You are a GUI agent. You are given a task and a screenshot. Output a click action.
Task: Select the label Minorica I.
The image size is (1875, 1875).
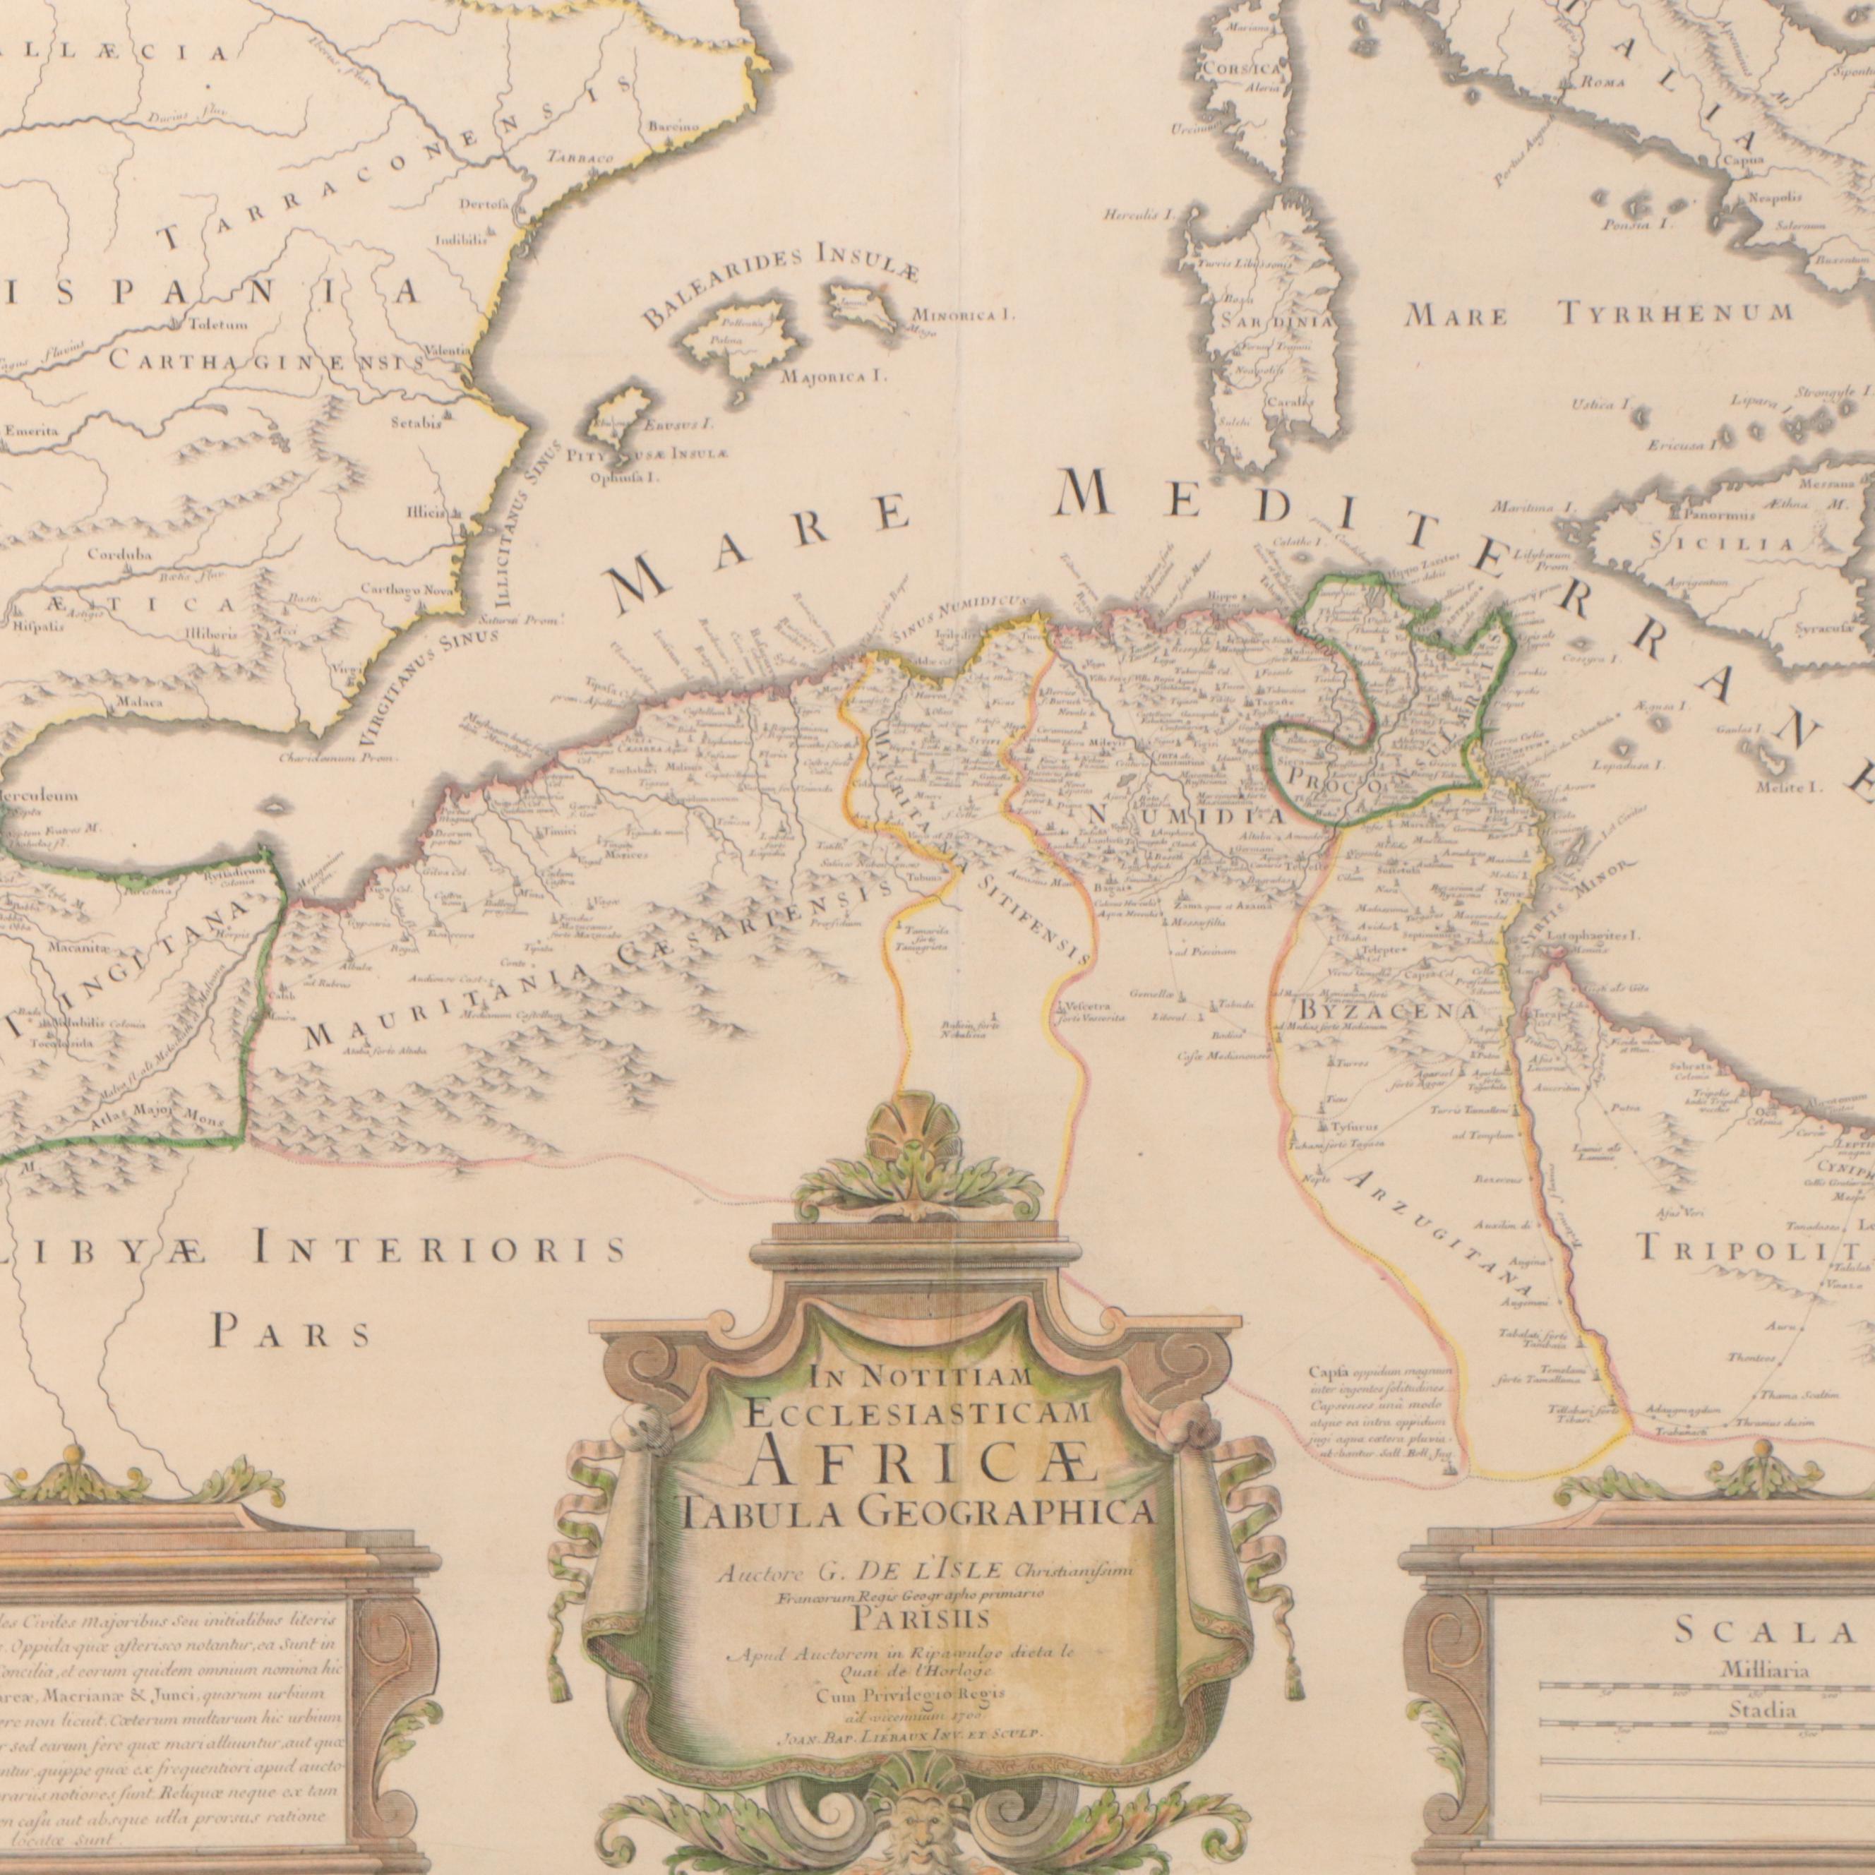[962, 316]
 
